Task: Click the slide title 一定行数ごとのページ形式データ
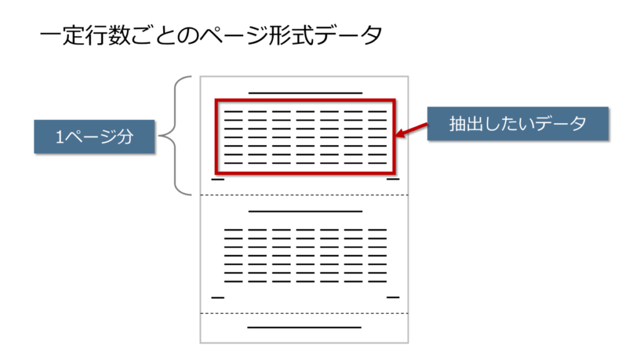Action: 210,35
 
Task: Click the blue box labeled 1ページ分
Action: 94,136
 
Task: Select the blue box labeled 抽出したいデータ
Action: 517,124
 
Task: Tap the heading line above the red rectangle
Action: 305,92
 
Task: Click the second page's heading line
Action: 305,211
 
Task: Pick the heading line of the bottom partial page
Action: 304,327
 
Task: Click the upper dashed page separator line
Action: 304,195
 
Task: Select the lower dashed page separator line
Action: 304,313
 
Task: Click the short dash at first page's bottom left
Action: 217,179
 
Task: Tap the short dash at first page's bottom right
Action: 392,179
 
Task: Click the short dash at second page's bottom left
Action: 217,297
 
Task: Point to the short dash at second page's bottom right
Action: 392,297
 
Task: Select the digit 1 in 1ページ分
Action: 59,137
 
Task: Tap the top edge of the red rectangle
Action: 305,99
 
